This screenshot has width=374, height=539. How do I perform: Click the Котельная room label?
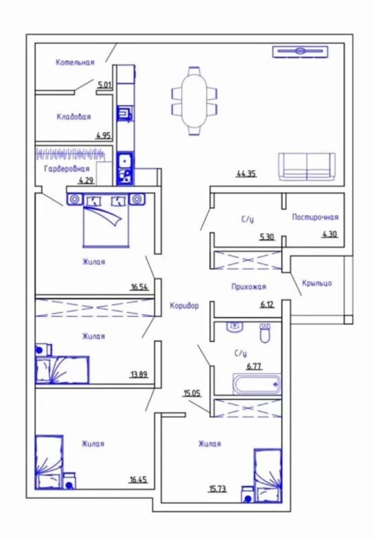pyautogui.click(x=75, y=62)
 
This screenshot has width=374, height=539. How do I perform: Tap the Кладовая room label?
pyautogui.click(x=74, y=117)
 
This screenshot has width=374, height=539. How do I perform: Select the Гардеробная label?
pyautogui.click(x=67, y=169)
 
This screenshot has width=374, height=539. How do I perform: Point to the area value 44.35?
pyautogui.click(x=246, y=174)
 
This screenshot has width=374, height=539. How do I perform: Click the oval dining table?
pyautogui.click(x=195, y=100)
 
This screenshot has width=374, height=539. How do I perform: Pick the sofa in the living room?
pyautogui.click(x=306, y=167)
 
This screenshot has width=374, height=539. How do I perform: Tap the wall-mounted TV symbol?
pyautogui.click(x=300, y=52)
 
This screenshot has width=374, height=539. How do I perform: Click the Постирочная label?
pyautogui.click(x=315, y=217)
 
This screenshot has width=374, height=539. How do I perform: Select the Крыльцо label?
pyautogui.click(x=317, y=283)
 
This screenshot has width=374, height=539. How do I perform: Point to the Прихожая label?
pyautogui.click(x=249, y=287)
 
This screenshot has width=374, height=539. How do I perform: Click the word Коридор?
pyautogui.click(x=185, y=305)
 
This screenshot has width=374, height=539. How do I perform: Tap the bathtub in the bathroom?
pyautogui.click(x=257, y=384)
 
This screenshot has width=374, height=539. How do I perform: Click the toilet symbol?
pyautogui.click(x=265, y=333)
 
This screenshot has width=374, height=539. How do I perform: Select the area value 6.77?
pyautogui.click(x=254, y=366)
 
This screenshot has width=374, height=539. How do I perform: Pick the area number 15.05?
pyautogui.click(x=192, y=393)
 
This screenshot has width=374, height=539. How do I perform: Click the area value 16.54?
pyautogui.click(x=139, y=287)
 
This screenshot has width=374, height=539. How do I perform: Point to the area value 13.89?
pyautogui.click(x=139, y=374)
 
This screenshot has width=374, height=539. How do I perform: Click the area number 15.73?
pyautogui.click(x=217, y=489)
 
